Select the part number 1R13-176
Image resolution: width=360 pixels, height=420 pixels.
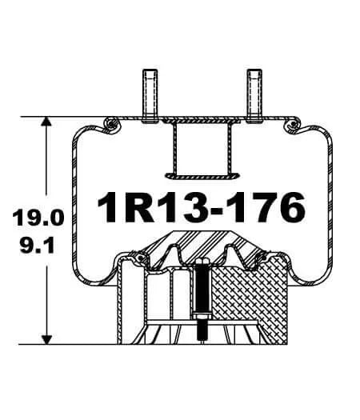(x=200, y=208)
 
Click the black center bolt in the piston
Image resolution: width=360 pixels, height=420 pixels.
(x=200, y=296)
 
